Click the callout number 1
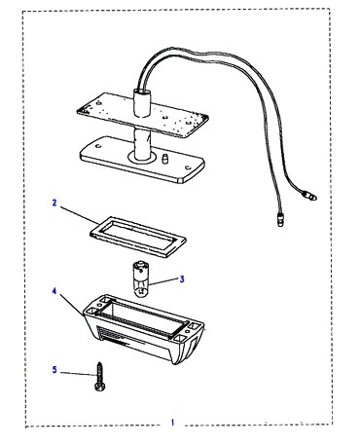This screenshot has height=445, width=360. tap(172, 423)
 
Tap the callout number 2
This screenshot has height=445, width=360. tap(54, 203)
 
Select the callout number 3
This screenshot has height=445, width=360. tap(182, 279)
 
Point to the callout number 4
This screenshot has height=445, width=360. tap(54, 291)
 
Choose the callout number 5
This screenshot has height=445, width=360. tap(54, 370)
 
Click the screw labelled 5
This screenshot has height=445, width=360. tap(100, 378)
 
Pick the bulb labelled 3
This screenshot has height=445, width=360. tap(141, 278)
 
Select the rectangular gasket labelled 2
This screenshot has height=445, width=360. tap(137, 237)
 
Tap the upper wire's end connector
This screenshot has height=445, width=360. tap(309, 196)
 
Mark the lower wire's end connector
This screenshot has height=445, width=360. tap(280, 219)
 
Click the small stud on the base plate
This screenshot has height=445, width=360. tap(164, 159)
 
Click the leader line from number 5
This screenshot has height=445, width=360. tap(78, 374)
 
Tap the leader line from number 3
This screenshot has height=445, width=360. tap(163, 281)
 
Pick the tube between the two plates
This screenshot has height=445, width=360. tap(142, 143)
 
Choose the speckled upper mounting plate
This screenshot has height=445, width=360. tap(142, 116)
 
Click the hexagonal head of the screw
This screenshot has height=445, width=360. tap(100, 388)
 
